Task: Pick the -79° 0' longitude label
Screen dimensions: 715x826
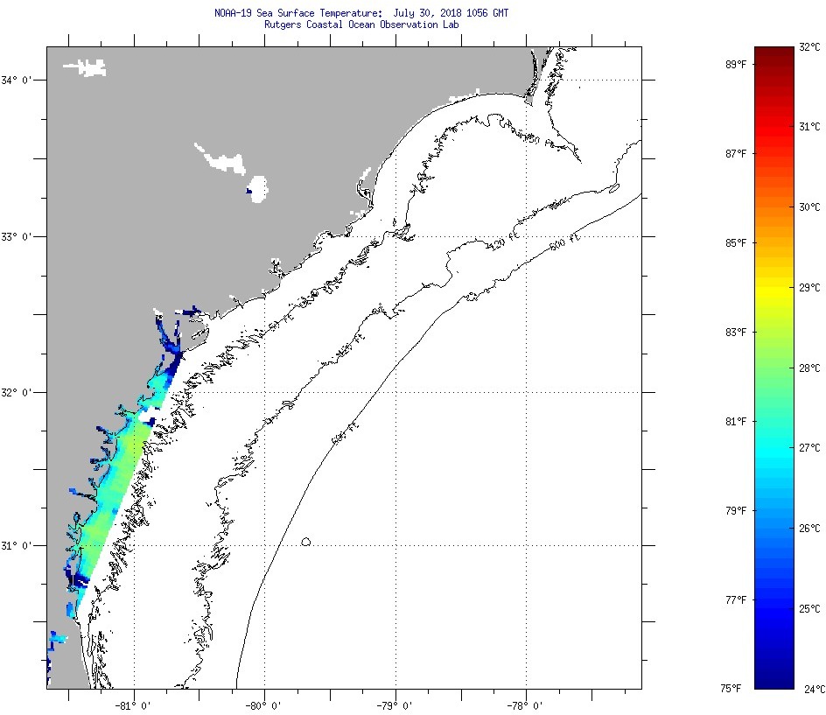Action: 395,704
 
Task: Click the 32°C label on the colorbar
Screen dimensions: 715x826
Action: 809,47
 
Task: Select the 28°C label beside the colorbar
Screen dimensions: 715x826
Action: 809,368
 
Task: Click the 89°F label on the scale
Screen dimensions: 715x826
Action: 735,65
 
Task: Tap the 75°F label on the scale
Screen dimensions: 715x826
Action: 731,689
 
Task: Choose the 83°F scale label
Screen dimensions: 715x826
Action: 735,333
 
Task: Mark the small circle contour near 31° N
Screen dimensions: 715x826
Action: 306,542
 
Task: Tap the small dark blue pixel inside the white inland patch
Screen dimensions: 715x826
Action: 249,192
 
